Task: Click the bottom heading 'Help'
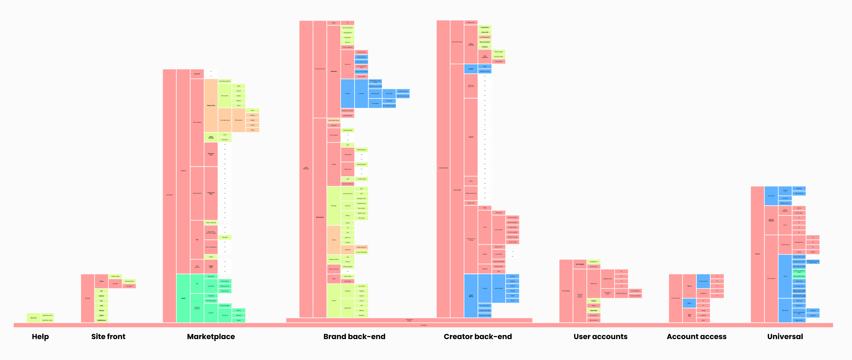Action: point(40,336)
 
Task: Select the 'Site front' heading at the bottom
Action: point(108,336)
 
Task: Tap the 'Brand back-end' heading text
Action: point(354,336)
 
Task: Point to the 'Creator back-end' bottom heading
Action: point(478,336)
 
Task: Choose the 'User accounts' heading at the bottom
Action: point(600,336)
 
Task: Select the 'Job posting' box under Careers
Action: point(129,286)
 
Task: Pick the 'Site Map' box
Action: point(102,310)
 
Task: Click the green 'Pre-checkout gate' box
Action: point(211,301)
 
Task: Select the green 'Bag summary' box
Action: point(225,291)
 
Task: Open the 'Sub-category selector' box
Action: point(225,81)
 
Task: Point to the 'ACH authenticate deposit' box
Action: point(389,106)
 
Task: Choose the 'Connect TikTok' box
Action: point(513,227)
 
